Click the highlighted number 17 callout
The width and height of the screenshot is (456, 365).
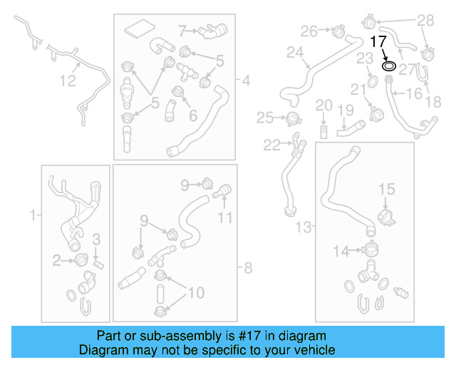point(378,41)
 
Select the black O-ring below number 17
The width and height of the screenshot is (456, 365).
point(389,66)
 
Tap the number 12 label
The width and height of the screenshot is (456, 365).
point(67,81)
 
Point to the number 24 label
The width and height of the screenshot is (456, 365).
point(295,52)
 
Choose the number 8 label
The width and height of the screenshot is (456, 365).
point(248,268)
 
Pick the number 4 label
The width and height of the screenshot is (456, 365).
point(247,81)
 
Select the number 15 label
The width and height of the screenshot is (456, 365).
point(385,189)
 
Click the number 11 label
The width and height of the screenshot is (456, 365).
point(225,217)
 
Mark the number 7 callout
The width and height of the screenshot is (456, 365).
point(182,30)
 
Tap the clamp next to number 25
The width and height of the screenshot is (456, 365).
point(291,118)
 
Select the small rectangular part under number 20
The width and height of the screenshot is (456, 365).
point(323,131)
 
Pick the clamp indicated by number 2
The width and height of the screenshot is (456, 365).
point(81,261)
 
